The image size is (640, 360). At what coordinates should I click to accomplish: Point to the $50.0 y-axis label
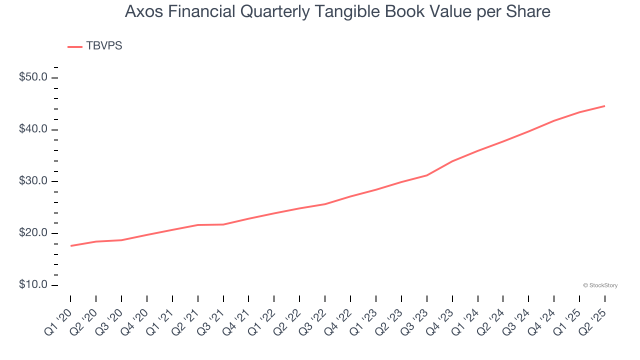click(34, 77)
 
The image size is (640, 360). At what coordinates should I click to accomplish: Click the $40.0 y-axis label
click(34, 129)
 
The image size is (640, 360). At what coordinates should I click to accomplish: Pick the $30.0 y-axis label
click(34, 181)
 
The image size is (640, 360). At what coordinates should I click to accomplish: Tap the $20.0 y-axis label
click(34, 233)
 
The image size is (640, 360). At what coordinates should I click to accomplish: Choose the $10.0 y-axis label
click(34, 285)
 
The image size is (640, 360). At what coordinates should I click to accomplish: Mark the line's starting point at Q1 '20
click(70, 246)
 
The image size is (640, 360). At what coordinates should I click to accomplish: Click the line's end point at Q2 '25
click(604, 106)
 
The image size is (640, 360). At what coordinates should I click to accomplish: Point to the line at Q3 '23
click(427, 175)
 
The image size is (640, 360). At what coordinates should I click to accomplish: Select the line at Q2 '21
click(198, 225)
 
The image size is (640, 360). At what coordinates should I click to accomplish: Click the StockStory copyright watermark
click(600, 285)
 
